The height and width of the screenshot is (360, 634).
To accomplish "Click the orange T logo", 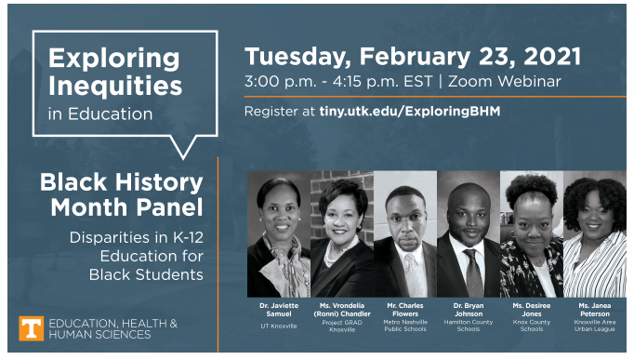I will tap(31, 328).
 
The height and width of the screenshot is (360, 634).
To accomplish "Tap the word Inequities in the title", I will tap(114, 87).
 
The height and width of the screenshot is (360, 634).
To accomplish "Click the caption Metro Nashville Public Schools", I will tap(404, 326).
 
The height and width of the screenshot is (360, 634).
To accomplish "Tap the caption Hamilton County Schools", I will tap(469, 326).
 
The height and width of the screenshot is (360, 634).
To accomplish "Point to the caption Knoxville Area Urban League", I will tap(594, 326).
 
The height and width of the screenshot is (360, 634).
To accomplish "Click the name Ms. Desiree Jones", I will tap(531, 310).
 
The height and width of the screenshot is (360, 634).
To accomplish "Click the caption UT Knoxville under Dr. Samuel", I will tap(278, 326).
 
